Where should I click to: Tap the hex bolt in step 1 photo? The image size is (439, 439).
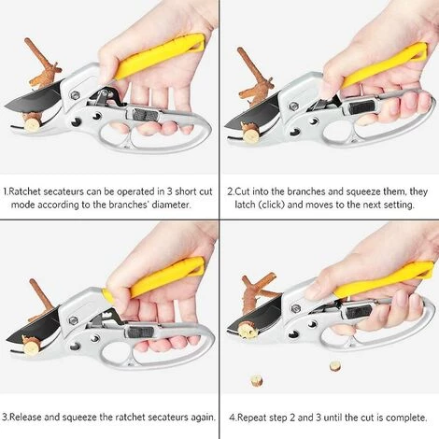75,95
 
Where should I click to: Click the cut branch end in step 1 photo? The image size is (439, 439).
32,124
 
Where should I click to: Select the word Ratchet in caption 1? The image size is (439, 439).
25,191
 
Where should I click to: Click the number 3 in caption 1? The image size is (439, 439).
169,191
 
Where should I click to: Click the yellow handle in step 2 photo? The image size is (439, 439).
385,64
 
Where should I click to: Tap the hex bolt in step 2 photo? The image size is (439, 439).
293,106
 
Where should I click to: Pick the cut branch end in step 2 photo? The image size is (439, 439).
251,135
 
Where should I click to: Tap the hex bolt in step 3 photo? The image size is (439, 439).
74,320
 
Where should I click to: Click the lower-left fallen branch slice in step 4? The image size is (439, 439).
256,381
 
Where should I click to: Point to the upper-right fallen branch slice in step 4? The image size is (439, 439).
335,366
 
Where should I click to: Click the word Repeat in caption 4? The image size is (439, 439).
252,418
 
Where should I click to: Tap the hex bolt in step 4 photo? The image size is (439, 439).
295,308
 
